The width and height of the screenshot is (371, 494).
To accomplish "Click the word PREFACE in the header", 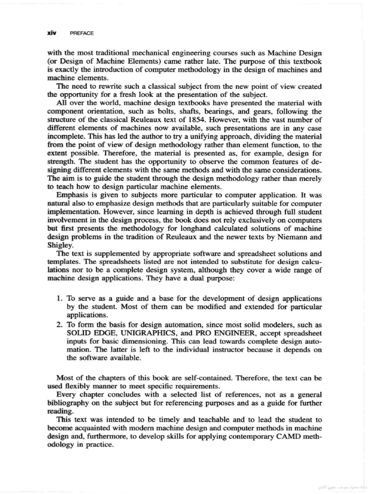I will point(82,34).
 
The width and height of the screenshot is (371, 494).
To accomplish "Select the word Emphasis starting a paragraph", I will point(73,197).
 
